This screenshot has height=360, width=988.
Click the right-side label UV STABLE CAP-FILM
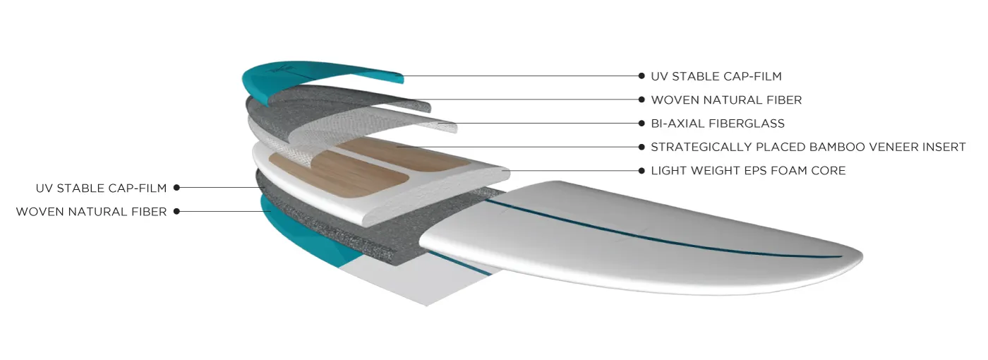(x=716, y=76)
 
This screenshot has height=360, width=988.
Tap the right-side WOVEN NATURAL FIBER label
(x=726, y=100)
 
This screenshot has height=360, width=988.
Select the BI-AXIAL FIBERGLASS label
(x=718, y=124)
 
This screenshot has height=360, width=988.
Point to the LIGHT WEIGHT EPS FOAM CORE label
(x=748, y=171)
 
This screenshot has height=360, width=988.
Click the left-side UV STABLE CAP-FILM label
(x=101, y=188)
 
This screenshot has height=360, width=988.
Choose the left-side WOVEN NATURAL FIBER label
(x=91, y=212)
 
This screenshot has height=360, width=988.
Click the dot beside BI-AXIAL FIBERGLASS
(x=641, y=123)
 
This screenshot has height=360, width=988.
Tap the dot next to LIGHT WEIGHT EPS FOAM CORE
(x=641, y=170)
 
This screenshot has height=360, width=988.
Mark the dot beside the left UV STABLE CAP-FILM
(x=176, y=188)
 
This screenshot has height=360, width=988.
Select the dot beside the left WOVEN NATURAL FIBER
(x=176, y=211)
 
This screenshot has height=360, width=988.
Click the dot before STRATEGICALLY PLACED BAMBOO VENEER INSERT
(x=641, y=147)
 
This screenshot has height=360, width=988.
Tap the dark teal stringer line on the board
(x=662, y=234)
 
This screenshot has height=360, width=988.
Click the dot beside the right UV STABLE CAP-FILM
(x=641, y=76)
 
